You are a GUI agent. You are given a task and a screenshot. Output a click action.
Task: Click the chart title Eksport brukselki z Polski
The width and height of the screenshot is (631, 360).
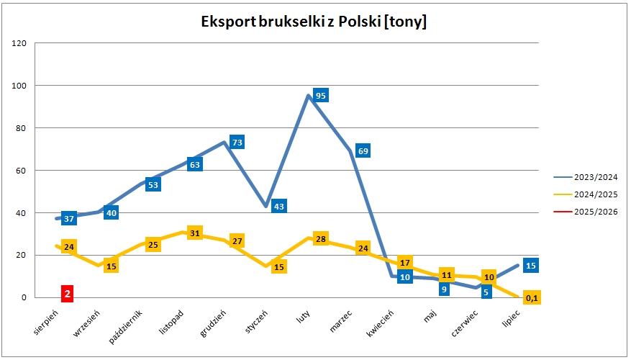314,22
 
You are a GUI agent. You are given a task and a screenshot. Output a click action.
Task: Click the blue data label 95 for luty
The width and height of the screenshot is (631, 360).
321,96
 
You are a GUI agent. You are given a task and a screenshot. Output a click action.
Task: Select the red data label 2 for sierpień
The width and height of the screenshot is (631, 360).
67,293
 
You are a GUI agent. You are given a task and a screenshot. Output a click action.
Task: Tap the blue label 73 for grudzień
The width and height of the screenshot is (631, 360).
237,142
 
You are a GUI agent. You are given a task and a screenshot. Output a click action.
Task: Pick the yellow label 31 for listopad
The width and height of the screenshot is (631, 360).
194,233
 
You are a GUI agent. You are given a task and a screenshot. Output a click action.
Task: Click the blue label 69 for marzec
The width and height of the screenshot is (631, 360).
363,151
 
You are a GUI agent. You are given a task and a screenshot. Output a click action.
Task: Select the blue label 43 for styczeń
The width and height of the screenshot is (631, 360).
279,206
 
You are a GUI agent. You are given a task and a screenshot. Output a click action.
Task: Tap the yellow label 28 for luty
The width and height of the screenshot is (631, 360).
321,238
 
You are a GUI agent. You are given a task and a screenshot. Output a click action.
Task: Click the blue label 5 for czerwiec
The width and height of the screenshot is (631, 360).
487,292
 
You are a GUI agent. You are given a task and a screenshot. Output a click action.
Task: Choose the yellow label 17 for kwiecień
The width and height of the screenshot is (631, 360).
405,263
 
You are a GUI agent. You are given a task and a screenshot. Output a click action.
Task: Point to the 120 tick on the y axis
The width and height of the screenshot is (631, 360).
19,43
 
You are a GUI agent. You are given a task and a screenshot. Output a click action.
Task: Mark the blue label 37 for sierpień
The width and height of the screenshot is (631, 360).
69,218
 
